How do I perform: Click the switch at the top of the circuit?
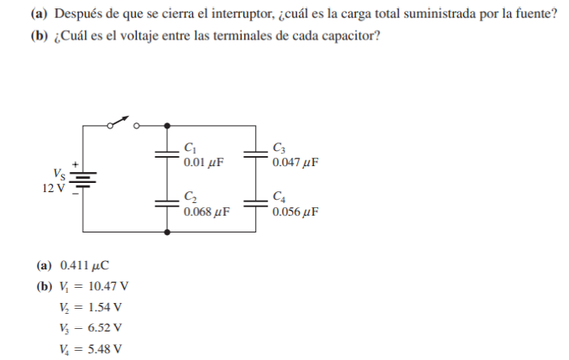point(123,123)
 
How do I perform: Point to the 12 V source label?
point(52,187)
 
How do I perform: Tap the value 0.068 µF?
point(206,211)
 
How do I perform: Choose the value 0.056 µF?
point(295,211)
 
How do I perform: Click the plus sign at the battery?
point(75,163)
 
